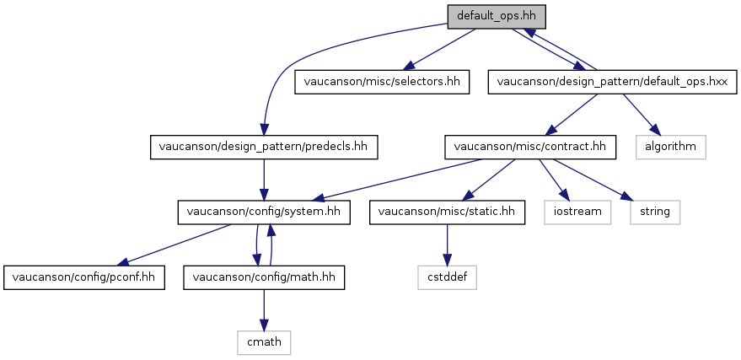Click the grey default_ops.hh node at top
coord(497,17)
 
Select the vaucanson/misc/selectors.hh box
coord(382,82)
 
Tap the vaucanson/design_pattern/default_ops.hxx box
coord(613,82)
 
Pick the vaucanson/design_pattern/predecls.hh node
coord(264,147)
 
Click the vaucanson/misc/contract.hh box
coord(529,147)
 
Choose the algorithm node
coord(670,147)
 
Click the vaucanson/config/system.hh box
coord(264,212)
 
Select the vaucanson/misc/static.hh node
coord(447,212)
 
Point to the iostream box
coord(577,212)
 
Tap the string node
coord(655,212)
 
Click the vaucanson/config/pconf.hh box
coord(84,277)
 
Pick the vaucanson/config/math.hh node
coord(264,277)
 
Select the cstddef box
coord(447,277)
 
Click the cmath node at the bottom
coord(264,342)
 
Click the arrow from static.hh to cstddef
coord(447,244)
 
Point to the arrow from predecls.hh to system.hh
coord(264,180)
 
